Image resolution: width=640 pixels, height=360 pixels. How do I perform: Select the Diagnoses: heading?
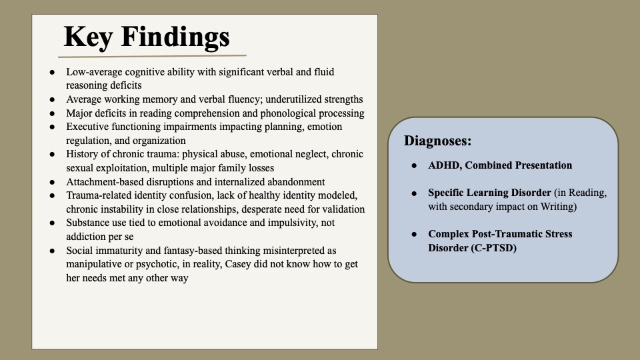[x=437, y=141]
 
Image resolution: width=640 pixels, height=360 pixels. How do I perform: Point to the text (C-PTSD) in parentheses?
[x=493, y=248]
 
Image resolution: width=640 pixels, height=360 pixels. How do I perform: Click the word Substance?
[x=88, y=223]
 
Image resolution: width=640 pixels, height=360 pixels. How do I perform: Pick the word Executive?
[x=88, y=127]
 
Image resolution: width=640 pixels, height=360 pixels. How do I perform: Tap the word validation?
[x=342, y=209]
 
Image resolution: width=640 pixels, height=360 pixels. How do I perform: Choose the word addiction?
[x=87, y=237]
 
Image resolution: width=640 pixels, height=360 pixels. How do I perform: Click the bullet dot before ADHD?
[x=414, y=165]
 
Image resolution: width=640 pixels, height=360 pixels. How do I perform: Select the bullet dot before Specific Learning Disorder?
[x=414, y=193]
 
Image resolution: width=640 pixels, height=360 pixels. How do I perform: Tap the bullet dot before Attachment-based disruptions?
[x=53, y=182]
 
